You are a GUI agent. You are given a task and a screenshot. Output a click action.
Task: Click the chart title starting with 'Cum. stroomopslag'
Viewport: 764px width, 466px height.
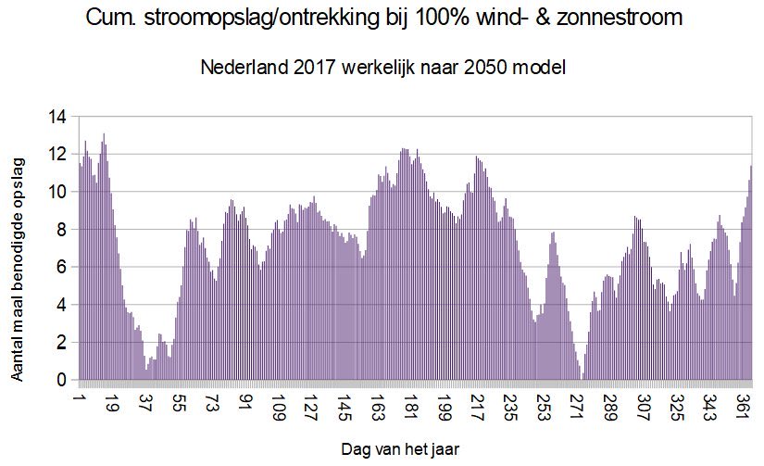(x=382, y=17)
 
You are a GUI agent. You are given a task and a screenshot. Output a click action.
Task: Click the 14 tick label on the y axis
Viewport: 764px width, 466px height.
(x=58, y=117)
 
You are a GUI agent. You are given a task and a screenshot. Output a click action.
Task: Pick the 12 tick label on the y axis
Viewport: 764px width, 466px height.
(x=58, y=154)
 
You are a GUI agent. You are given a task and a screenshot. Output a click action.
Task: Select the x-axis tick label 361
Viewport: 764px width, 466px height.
(x=745, y=409)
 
